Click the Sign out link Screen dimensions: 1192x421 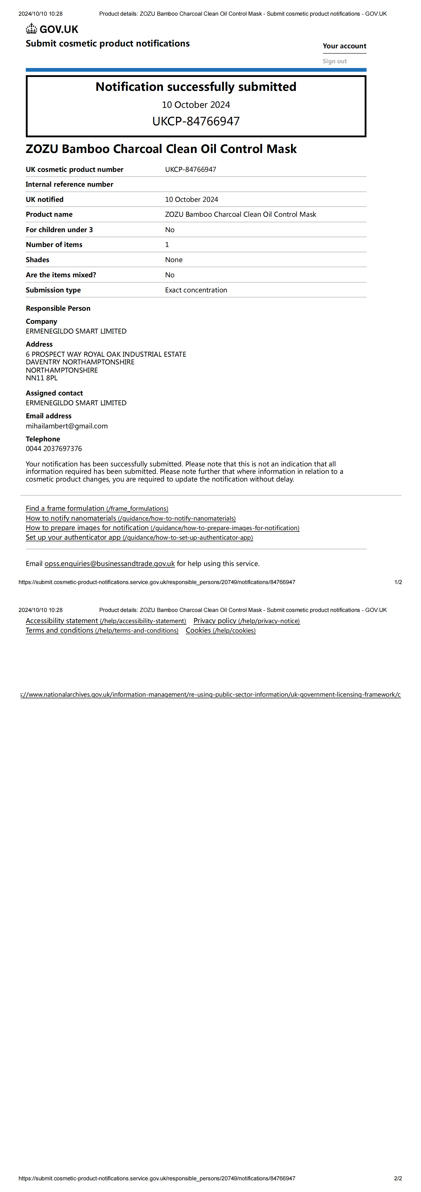coord(334,61)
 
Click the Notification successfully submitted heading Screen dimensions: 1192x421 coord(196,87)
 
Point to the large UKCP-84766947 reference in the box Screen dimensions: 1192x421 coord(196,121)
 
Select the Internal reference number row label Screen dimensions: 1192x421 coord(69,184)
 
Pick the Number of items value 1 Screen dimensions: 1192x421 coord(167,245)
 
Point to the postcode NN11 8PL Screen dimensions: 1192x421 coord(42,378)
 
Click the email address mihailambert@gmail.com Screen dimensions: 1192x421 coord(67,426)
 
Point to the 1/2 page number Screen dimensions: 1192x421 coord(398,582)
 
